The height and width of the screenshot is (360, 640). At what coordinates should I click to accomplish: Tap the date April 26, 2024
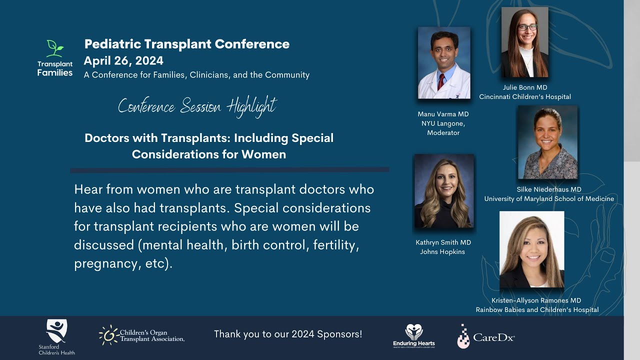pyautogui.click(x=123, y=61)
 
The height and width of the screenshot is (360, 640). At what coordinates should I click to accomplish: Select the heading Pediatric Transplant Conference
pyautogui.click(x=187, y=44)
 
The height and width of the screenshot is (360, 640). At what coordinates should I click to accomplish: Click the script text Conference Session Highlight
pyautogui.click(x=197, y=106)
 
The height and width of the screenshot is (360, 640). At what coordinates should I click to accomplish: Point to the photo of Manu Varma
pyautogui.click(x=444, y=63)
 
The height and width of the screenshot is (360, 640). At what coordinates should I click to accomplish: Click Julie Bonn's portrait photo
pyautogui.click(x=524, y=42)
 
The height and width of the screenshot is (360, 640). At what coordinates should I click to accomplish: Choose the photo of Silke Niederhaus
pyautogui.click(x=547, y=142)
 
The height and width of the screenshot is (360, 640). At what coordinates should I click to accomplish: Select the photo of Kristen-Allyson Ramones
pyautogui.click(x=531, y=249)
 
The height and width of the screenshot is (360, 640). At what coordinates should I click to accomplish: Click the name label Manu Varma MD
pyautogui.click(x=443, y=114)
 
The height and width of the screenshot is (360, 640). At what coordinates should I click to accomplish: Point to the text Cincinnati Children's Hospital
pyautogui.click(x=525, y=96)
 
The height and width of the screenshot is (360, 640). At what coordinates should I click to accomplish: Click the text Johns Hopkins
pyautogui.click(x=442, y=252)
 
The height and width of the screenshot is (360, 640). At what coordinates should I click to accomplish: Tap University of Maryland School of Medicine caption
pyautogui.click(x=549, y=199)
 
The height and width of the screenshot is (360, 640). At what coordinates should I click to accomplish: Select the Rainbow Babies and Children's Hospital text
pyautogui.click(x=537, y=310)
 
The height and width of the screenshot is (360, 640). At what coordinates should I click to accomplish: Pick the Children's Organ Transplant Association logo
pyautogui.click(x=142, y=335)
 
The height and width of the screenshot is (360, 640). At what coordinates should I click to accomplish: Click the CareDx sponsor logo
pyautogui.click(x=485, y=336)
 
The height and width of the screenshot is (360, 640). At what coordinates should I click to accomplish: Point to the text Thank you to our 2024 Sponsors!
pyautogui.click(x=288, y=334)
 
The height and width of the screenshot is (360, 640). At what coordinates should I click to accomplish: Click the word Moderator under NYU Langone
pyautogui.click(x=443, y=133)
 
